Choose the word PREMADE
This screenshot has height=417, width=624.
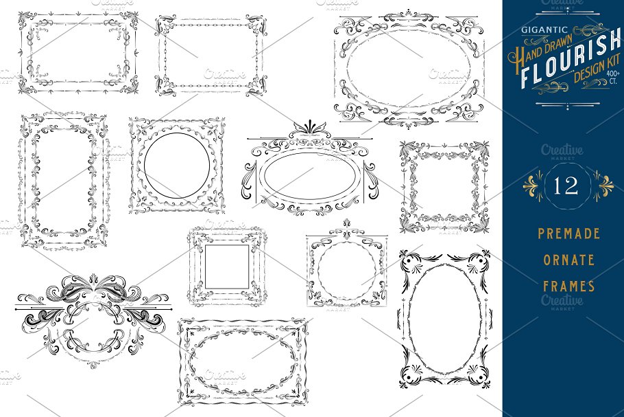tap(568, 233)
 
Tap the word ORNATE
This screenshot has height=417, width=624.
tap(568, 260)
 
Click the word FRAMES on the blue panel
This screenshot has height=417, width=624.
tap(569, 286)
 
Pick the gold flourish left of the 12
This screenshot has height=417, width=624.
tap(533, 185)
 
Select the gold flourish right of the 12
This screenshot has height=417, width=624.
tap(603, 185)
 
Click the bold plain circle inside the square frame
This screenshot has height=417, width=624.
tap(177, 133)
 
